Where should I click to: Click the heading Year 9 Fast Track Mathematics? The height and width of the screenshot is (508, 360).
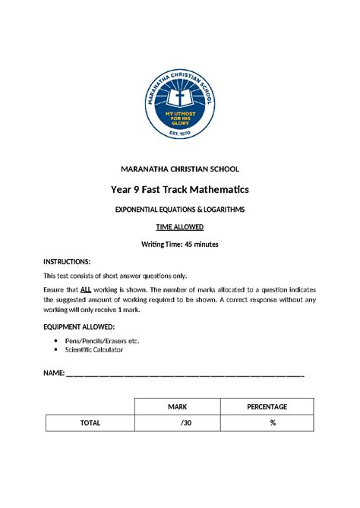click(x=180, y=188)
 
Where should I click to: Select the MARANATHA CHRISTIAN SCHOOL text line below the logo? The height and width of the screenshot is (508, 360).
click(x=180, y=169)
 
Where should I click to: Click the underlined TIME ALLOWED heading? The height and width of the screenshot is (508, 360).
click(x=180, y=226)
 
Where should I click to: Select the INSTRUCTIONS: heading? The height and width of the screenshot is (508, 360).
click(x=67, y=261)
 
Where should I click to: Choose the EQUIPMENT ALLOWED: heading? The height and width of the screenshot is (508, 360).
click(x=79, y=326)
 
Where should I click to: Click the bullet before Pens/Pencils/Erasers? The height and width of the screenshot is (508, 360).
click(x=57, y=341)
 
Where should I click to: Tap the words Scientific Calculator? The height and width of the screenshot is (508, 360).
click(x=95, y=349)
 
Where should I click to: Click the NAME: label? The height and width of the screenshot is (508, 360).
click(x=54, y=373)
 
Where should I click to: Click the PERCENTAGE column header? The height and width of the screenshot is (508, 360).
click(x=267, y=406)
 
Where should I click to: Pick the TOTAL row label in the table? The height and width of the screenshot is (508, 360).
click(x=90, y=423)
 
